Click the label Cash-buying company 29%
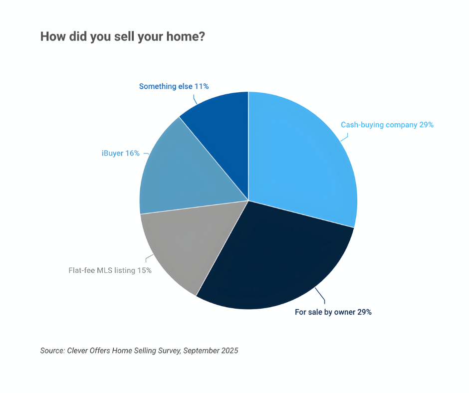click(387, 125)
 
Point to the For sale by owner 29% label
click(333, 312)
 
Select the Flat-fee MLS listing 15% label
click(110, 271)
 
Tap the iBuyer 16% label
click(120, 153)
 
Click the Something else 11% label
click(174, 86)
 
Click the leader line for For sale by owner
click(322, 298)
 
